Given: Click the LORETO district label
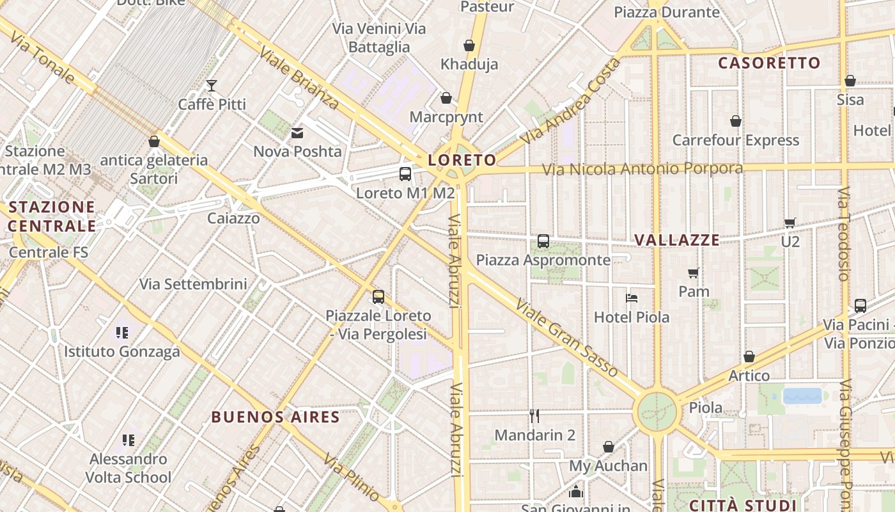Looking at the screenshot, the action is (462, 160).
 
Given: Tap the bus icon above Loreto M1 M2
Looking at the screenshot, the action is (405, 173).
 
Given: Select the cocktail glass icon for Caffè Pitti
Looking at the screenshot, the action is (212, 85).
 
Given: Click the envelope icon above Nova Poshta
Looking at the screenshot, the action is (297, 132).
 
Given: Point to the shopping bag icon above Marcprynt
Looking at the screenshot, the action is (446, 98).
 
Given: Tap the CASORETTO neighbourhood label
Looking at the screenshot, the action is (769, 63).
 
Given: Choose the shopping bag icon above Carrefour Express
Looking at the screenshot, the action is (736, 121).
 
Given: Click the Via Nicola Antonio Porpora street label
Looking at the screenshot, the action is (642, 169).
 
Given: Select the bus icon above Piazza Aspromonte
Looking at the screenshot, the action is (543, 241).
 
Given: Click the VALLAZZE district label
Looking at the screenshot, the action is (677, 240).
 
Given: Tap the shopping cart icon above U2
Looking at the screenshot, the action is (790, 223).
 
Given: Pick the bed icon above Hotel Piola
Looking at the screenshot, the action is (632, 298).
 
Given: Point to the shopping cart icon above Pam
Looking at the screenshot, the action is (694, 273).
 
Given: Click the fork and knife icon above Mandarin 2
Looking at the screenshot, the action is (534, 416).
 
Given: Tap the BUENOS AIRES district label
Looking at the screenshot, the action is (276, 417).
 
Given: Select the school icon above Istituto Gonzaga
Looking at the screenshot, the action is (122, 332).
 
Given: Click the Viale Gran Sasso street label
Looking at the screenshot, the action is (566, 338).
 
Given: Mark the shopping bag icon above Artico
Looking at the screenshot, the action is (749, 356).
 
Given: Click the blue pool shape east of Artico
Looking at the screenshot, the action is (802, 396).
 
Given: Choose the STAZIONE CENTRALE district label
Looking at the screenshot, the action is (52, 216).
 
